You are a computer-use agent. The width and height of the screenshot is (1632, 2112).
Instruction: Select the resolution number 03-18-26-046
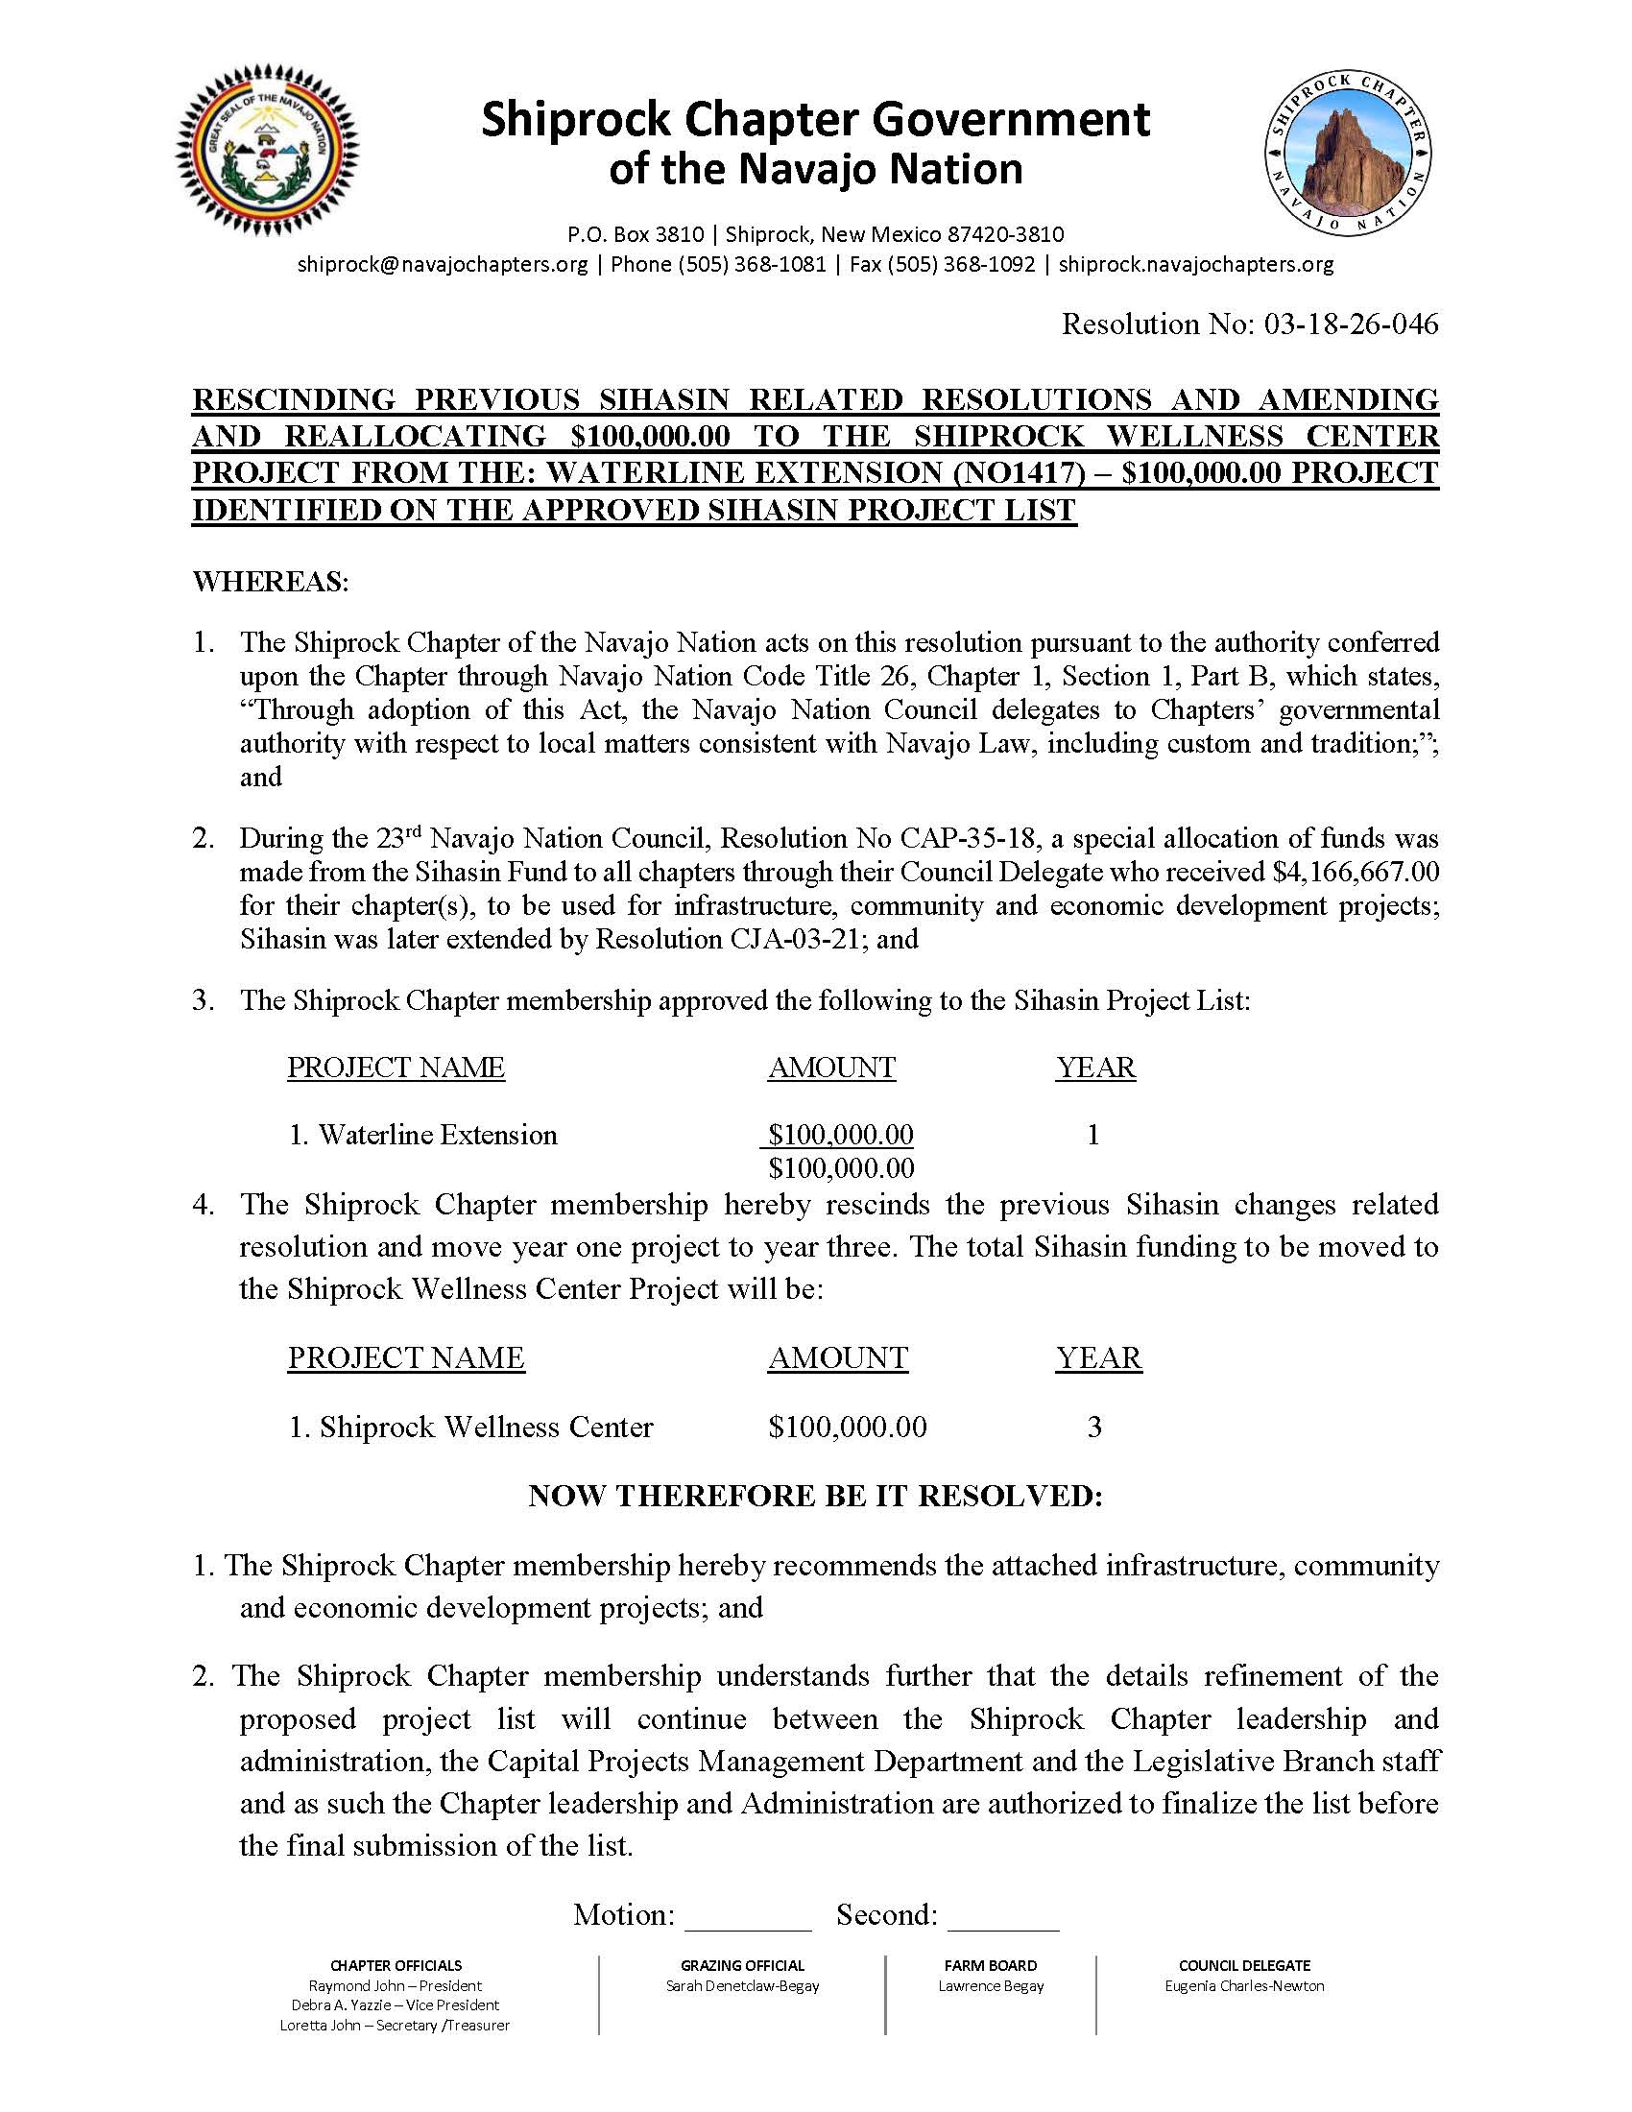click(x=1350, y=324)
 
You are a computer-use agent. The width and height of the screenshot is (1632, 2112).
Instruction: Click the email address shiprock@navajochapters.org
click(x=443, y=264)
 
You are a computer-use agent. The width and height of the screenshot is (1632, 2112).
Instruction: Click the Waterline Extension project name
click(x=423, y=1135)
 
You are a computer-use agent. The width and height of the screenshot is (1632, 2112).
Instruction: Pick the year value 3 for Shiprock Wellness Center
click(x=1094, y=1428)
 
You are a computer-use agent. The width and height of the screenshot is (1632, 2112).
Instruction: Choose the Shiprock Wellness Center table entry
click(x=471, y=1428)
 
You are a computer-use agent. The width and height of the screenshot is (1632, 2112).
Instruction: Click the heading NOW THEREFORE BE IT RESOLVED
click(x=815, y=1496)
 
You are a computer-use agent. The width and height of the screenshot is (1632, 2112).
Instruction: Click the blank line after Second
click(x=1003, y=1916)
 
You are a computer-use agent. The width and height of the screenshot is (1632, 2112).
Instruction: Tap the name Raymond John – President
click(x=395, y=1985)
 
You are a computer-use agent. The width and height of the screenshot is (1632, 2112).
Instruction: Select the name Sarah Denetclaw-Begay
click(x=741, y=1985)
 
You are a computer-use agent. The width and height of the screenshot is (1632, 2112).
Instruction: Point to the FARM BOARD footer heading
click(x=990, y=1965)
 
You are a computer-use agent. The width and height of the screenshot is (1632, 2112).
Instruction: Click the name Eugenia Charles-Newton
click(x=1244, y=1985)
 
